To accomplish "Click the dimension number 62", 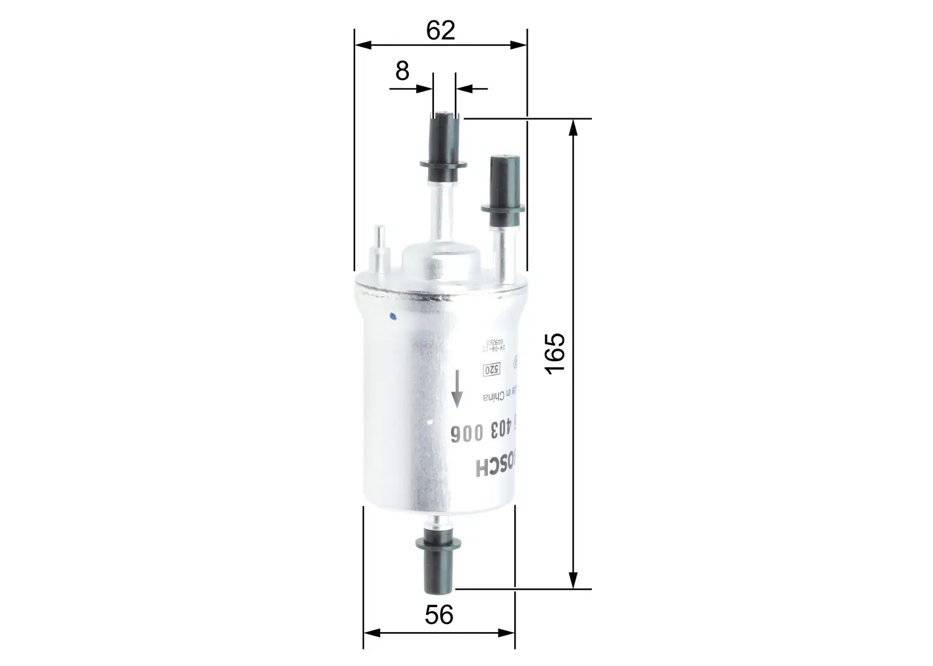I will coord(440,30).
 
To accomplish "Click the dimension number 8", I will coord(402,72).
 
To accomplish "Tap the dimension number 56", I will coord(439,615).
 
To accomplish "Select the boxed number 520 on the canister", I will coord(492,369).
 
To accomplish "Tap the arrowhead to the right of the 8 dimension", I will coord(464,89).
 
